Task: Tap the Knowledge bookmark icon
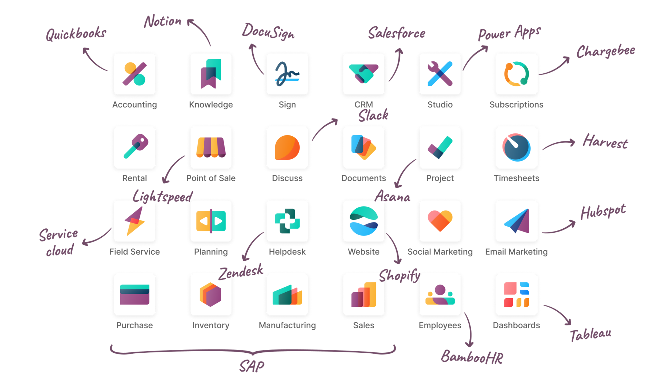click(211, 74)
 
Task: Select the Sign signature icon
click(287, 74)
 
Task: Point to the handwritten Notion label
click(163, 21)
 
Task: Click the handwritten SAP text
click(252, 366)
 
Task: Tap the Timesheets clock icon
click(516, 147)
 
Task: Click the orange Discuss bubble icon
click(287, 147)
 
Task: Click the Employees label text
click(440, 325)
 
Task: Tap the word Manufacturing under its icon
click(287, 325)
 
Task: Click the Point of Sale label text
click(211, 178)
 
